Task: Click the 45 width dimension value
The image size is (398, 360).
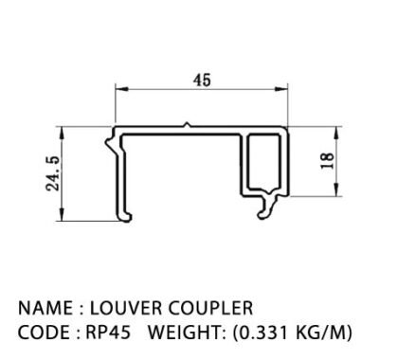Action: tap(202, 80)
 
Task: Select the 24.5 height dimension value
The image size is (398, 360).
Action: tap(53, 173)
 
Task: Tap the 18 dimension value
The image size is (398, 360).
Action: tap(327, 161)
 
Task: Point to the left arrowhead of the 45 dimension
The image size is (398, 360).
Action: tap(121, 89)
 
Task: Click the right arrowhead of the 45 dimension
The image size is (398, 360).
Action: tap(281, 89)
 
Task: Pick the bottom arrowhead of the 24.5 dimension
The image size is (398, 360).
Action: tap(63, 214)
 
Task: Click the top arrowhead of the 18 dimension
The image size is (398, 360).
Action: tap(336, 134)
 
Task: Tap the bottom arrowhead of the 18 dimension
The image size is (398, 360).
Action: tap(336, 189)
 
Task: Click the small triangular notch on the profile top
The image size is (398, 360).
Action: tap(187, 125)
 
